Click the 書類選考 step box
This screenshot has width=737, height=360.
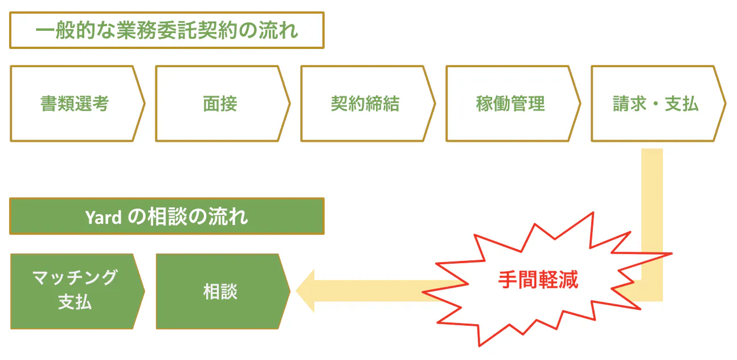click(75, 104)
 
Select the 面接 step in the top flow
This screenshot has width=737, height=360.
click(220, 104)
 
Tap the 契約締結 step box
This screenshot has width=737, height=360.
click(365, 104)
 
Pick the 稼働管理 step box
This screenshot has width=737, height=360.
click(510, 104)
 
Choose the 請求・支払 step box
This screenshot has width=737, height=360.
click(656, 104)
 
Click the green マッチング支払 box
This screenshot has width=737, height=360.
click(75, 291)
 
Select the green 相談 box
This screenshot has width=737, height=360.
click(220, 291)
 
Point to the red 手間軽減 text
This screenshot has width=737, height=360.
click(538, 279)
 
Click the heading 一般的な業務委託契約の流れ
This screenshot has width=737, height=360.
click(166, 30)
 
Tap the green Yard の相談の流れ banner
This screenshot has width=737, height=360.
click(166, 216)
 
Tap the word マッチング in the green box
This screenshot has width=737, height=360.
click(75, 278)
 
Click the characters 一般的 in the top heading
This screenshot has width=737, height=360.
click(62, 30)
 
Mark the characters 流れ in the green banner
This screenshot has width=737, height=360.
click(235, 217)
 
